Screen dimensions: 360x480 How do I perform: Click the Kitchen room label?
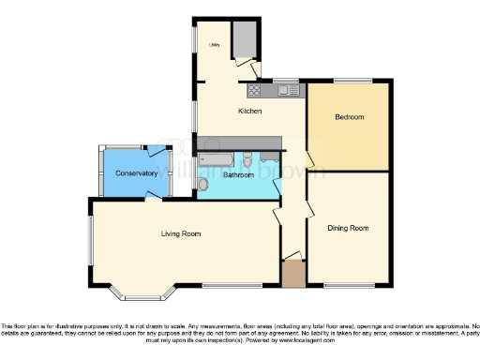[249, 112]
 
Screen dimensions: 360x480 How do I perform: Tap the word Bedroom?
[348, 117]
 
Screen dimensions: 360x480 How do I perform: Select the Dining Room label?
[347, 228]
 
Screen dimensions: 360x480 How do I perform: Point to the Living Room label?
[182, 232]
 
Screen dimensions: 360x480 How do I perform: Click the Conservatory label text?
[137, 173]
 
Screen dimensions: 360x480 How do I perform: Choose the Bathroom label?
[238, 174]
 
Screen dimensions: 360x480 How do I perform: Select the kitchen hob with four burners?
[254, 91]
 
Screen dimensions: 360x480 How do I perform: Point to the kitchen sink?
[288, 91]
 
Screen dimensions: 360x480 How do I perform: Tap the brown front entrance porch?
[293, 274]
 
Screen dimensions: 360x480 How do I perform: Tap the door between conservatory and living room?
[150, 196]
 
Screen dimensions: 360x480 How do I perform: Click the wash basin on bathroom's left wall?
[203, 186]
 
